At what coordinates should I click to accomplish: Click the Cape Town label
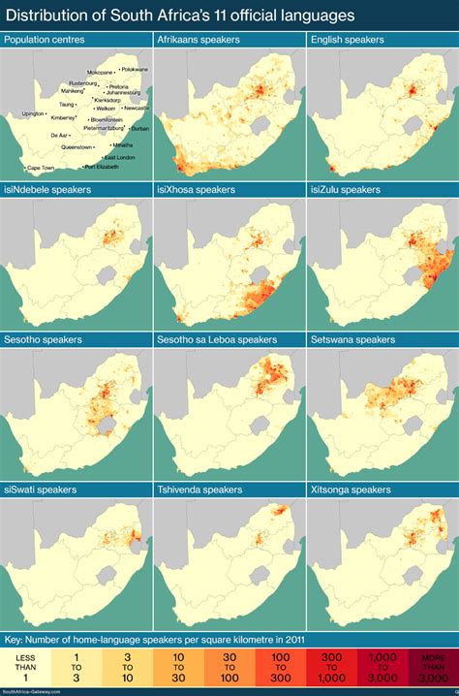point(41,168)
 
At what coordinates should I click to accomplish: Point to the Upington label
point(33,113)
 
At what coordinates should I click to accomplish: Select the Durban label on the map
point(140,128)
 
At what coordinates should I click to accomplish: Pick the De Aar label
point(59,135)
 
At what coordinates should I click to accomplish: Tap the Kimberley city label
point(62,118)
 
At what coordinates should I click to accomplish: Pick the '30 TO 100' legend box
point(229,668)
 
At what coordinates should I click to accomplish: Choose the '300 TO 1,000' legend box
point(330,668)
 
